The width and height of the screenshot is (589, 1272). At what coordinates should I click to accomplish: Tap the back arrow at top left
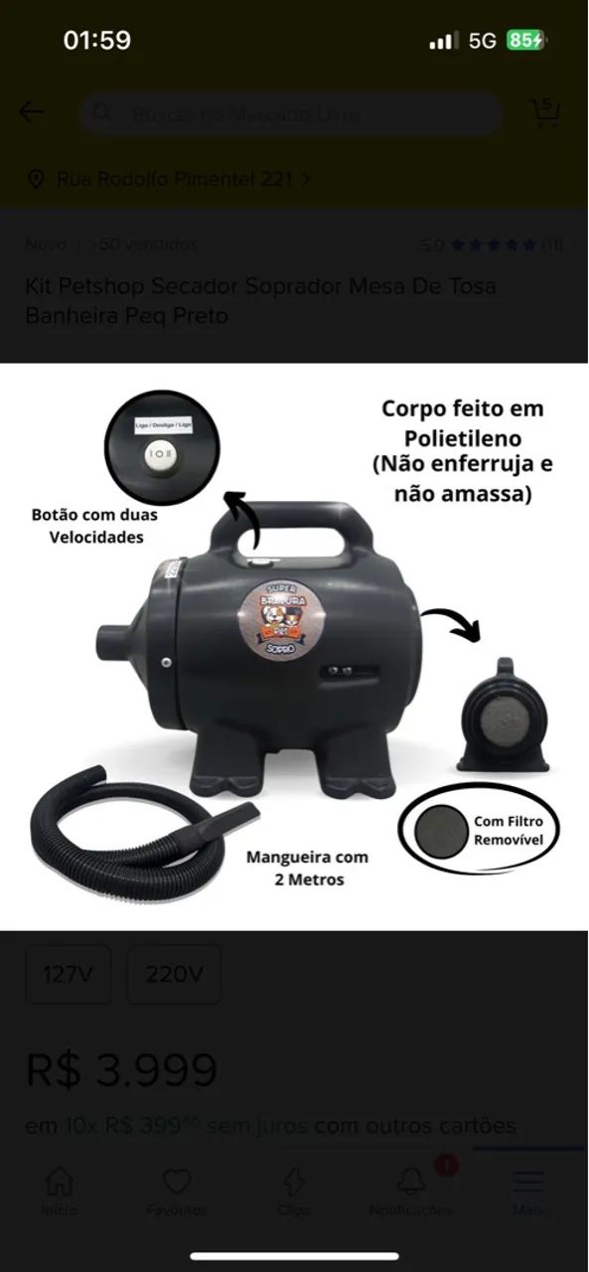pyautogui.click(x=31, y=112)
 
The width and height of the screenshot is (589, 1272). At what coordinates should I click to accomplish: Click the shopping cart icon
pyautogui.click(x=545, y=112)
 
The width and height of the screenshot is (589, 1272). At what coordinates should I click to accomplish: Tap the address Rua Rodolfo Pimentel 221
pyautogui.click(x=174, y=179)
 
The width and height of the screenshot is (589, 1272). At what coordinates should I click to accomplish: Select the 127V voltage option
pyautogui.click(x=68, y=974)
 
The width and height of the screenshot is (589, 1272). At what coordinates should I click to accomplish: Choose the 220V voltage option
pyautogui.click(x=174, y=974)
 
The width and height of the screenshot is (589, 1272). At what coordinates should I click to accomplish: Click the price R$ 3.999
pyautogui.click(x=121, y=1070)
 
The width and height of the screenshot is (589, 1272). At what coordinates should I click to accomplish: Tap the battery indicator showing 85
pyautogui.click(x=525, y=40)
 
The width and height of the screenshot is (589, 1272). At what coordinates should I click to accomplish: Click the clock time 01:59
pyautogui.click(x=96, y=40)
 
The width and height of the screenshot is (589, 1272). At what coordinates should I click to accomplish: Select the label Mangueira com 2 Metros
pyautogui.click(x=307, y=868)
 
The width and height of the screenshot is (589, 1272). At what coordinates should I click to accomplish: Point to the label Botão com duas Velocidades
pyautogui.click(x=94, y=526)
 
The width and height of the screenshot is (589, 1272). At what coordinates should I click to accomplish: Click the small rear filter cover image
pyautogui.click(x=503, y=715)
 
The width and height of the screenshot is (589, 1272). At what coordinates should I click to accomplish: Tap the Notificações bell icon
pyautogui.click(x=411, y=1182)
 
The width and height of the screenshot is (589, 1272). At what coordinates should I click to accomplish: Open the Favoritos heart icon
pyautogui.click(x=177, y=1182)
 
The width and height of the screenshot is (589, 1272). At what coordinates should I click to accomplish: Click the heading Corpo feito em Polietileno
pyautogui.click(x=462, y=423)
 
